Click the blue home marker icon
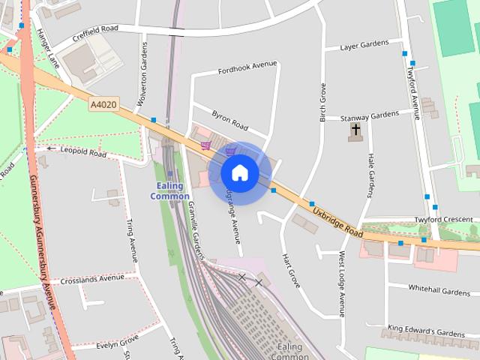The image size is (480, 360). pyautogui.click(x=239, y=172)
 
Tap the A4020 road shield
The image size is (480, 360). pyautogui.click(x=103, y=106)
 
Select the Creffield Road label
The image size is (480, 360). pyautogui.click(x=96, y=34)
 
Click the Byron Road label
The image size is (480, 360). pyautogui.click(x=229, y=119)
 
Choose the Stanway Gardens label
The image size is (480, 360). pyautogui.click(x=370, y=115)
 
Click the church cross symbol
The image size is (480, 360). pyautogui.click(x=355, y=132)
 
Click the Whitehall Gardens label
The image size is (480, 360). pyautogui.click(x=439, y=290)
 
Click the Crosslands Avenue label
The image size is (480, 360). pyautogui.click(x=92, y=277)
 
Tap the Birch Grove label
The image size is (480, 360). pyautogui.click(x=323, y=101)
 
